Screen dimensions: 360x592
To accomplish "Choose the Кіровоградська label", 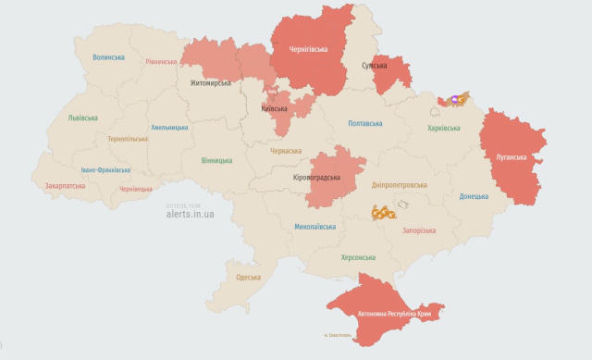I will tap(316, 177).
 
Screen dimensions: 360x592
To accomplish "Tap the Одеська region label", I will tap(248, 277).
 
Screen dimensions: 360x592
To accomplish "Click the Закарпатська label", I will tap(65, 185).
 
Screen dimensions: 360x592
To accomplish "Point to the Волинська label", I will tap(108, 56).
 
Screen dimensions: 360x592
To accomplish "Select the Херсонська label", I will tap(357, 257).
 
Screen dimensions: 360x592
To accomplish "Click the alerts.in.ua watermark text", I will tap(191, 214).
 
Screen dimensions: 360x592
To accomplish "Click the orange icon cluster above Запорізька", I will tap(383, 213).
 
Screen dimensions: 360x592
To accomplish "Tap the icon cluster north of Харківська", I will tap(457, 98).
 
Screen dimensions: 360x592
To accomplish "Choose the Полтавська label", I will tap(365, 123).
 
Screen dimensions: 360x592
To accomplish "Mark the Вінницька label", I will tap(216, 160).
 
